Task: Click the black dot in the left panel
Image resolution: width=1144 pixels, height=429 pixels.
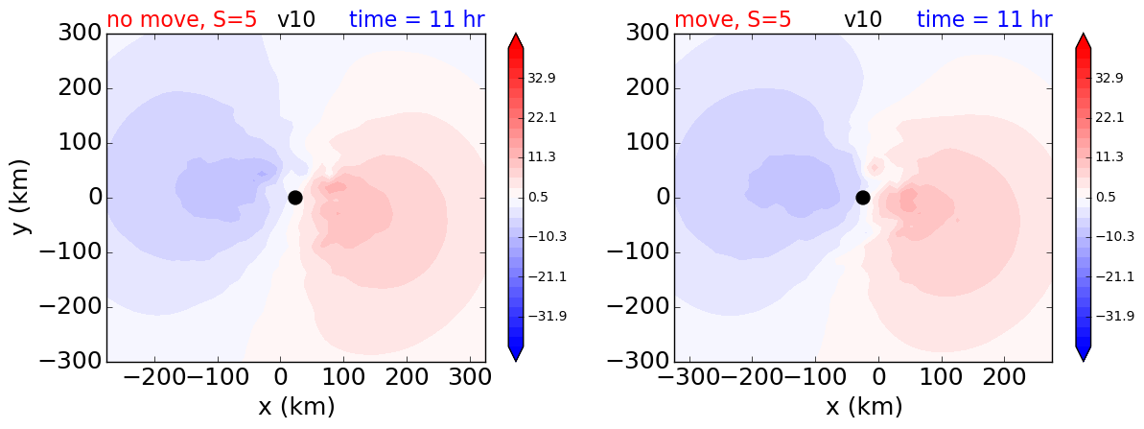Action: point(294,198)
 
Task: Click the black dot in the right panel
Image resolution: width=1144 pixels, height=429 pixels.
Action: point(862,198)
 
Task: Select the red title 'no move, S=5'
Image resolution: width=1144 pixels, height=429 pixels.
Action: point(181,19)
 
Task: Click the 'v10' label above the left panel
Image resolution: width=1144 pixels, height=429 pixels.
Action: point(296,19)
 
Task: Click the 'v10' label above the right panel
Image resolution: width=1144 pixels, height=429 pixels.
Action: point(864,19)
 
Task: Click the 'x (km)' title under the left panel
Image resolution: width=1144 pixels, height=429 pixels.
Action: point(296,406)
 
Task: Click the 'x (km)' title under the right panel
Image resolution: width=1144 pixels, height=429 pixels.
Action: point(863,406)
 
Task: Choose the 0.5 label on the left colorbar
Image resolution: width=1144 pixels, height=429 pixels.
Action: point(537,197)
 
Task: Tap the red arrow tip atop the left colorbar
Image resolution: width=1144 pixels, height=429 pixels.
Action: point(515,34)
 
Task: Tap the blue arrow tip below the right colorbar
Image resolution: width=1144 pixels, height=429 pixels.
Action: point(1083,361)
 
